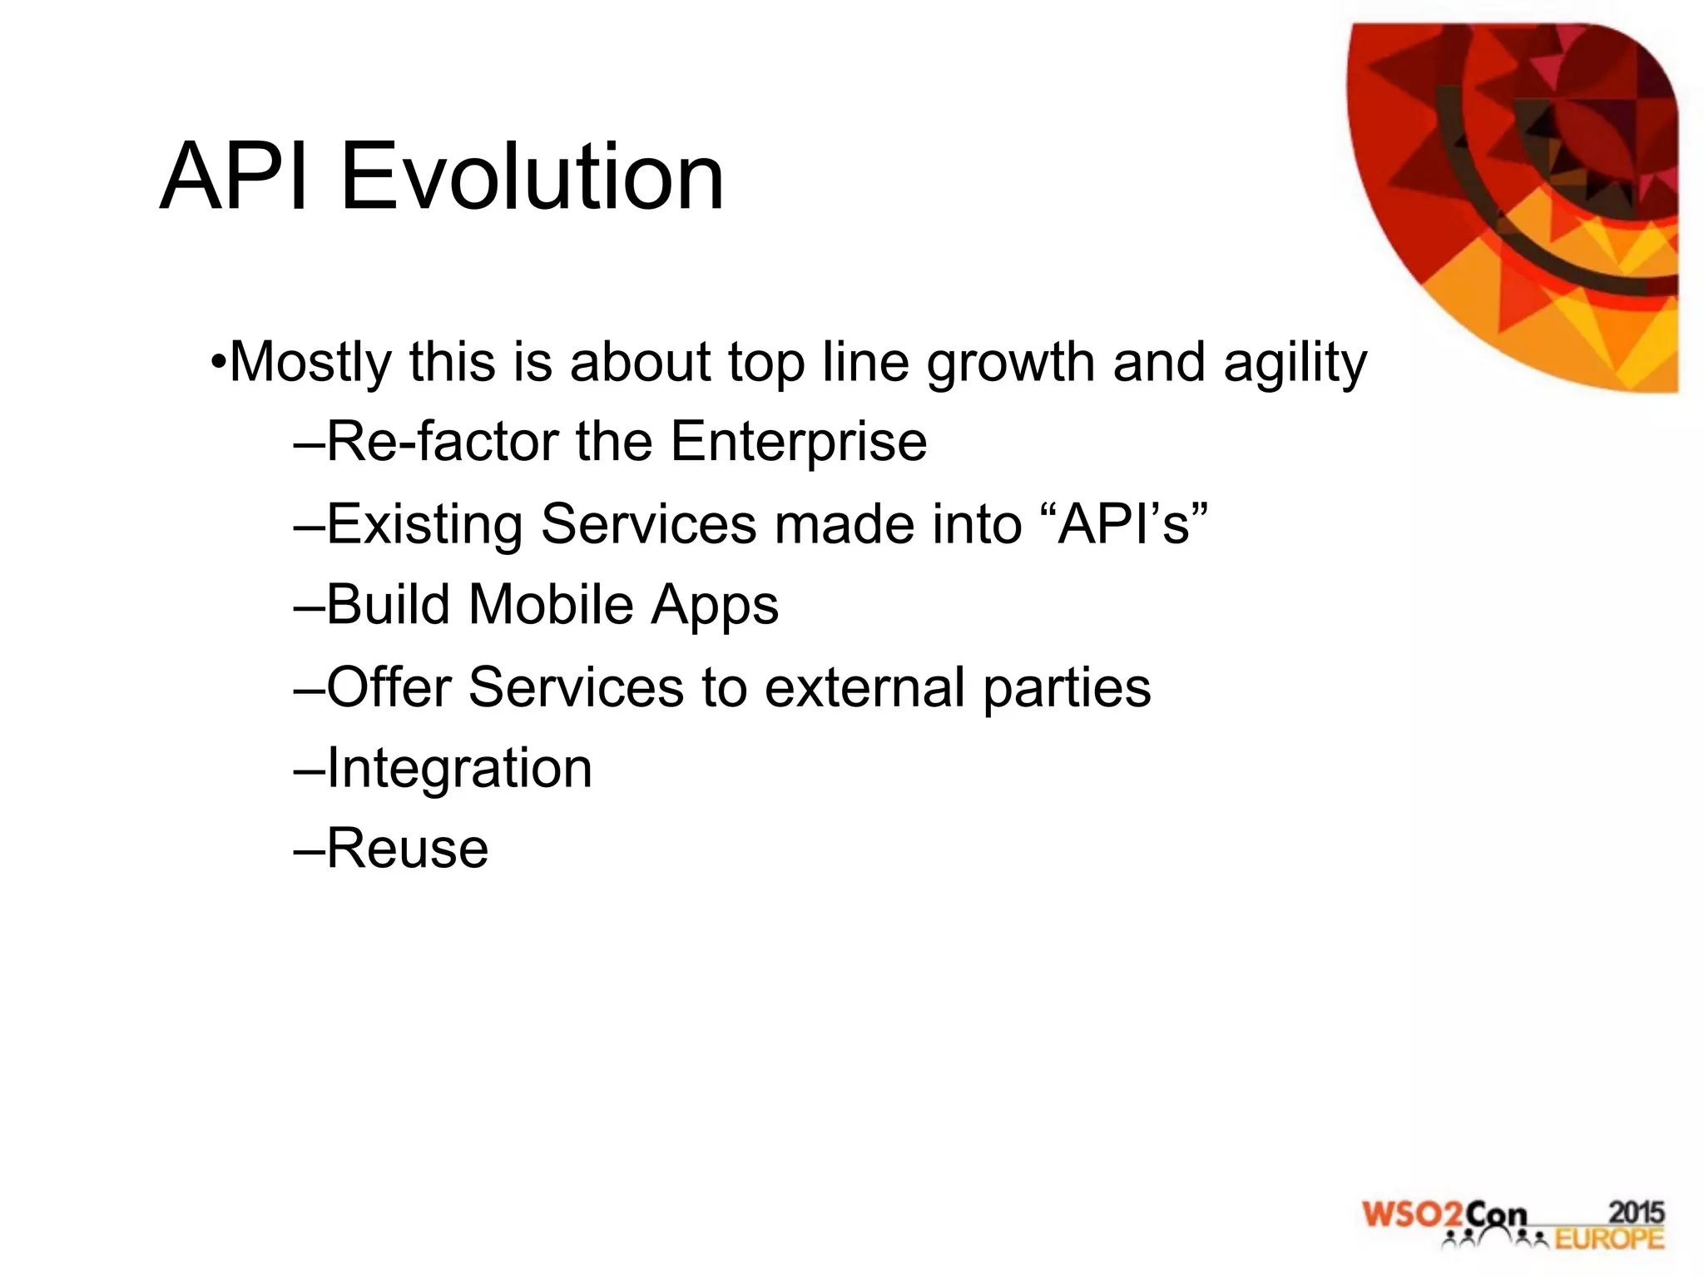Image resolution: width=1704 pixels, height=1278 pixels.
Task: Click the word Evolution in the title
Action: click(532, 177)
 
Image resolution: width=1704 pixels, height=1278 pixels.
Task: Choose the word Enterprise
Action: click(799, 443)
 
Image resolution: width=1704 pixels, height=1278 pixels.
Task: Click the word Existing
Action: click(424, 524)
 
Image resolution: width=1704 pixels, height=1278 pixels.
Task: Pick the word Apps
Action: click(715, 606)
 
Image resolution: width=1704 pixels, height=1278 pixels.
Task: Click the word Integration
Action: click(459, 769)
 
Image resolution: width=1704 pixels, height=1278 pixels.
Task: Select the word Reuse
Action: click(408, 849)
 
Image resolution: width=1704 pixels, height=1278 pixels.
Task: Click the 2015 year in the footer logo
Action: click(1636, 1212)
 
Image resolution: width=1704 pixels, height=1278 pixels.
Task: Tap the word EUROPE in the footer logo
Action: click(1609, 1239)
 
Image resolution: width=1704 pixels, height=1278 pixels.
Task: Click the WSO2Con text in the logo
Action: click(1444, 1215)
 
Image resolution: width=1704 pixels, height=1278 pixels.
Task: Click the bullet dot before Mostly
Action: click(218, 363)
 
